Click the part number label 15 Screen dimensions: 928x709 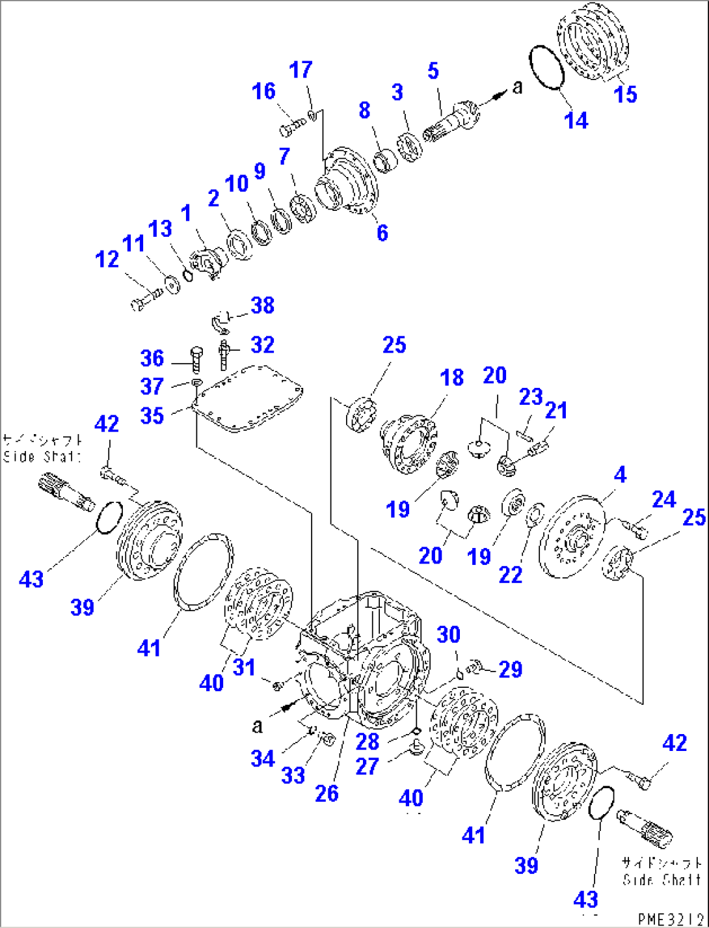click(626, 94)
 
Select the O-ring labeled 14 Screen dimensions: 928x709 click(546, 68)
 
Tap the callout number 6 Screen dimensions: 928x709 click(382, 232)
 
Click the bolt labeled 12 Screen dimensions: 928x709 click(145, 300)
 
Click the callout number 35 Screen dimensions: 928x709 click(152, 415)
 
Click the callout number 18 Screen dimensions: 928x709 click(451, 377)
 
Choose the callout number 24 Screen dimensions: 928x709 click(663, 499)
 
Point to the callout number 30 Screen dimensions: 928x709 click(448, 635)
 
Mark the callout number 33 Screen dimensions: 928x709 click(293, 775)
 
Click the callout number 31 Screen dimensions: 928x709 click(244, 667)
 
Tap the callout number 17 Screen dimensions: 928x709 click(301, 70)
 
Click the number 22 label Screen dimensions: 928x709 click(510, 575)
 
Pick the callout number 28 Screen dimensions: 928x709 click(368, 741)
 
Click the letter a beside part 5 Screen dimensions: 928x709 click(517, 87)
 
